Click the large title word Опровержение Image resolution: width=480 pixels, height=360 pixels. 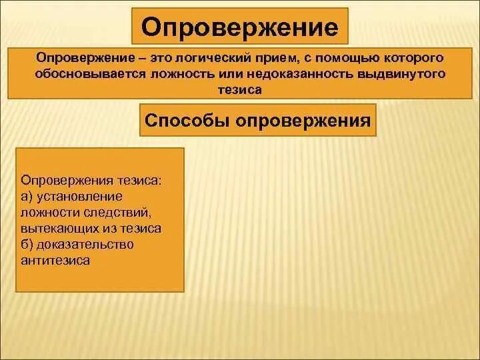(239, 28)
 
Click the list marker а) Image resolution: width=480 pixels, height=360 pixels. (28, 197)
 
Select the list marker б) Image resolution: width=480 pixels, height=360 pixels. (28, 245)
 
